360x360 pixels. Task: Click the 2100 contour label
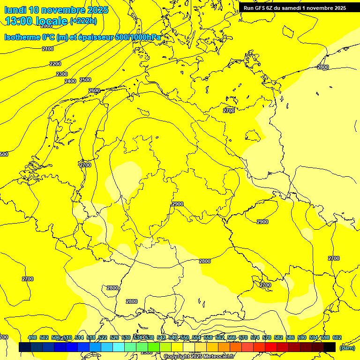[48, 49]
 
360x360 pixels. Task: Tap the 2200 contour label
[55, 64]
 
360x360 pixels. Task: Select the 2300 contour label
[62, 74]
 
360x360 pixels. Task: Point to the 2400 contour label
[70, 81]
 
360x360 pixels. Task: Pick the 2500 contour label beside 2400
[85, 80]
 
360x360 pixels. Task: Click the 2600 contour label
[94, 90]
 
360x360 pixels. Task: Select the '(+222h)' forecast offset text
[83, 21]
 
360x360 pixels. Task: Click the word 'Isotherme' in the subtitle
[22, 37]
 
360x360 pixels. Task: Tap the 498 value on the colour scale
[32, 337]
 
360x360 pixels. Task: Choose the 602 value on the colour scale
[337, 337]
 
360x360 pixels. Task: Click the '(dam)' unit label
[347, 348]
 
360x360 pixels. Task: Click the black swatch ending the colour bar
[330, 347]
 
